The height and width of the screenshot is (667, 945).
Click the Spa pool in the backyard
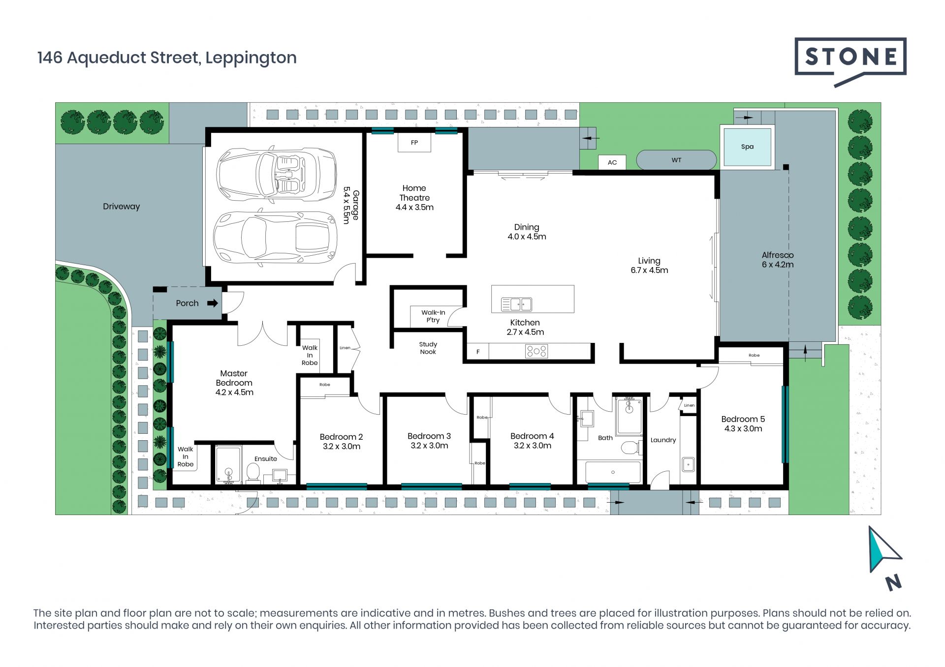coord(747,146)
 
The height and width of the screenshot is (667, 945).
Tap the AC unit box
coord(612,162)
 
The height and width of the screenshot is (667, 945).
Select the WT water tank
coord(676,160)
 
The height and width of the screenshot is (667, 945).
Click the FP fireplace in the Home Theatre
coord(414,143)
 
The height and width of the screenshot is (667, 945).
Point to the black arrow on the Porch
coord(213,303)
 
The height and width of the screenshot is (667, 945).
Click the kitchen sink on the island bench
coord(516,304)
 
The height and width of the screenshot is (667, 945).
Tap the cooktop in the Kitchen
coord(536,351)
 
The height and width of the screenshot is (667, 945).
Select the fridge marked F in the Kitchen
coord(477,351)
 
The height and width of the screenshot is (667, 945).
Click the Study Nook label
coord(428,348)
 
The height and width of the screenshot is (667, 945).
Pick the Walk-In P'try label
coord(433,316)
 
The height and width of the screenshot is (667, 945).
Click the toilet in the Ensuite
coord(253,472)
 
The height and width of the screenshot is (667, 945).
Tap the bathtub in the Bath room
coord(613,472)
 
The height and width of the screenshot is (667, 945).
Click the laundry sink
coord(688,464)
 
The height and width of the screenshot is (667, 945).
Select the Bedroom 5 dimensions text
coord(743,429)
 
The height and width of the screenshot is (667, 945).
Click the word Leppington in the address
coord(251,58)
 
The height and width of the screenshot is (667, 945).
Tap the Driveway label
coord(121,207)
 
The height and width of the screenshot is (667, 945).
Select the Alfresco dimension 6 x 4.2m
coord(778,265)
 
